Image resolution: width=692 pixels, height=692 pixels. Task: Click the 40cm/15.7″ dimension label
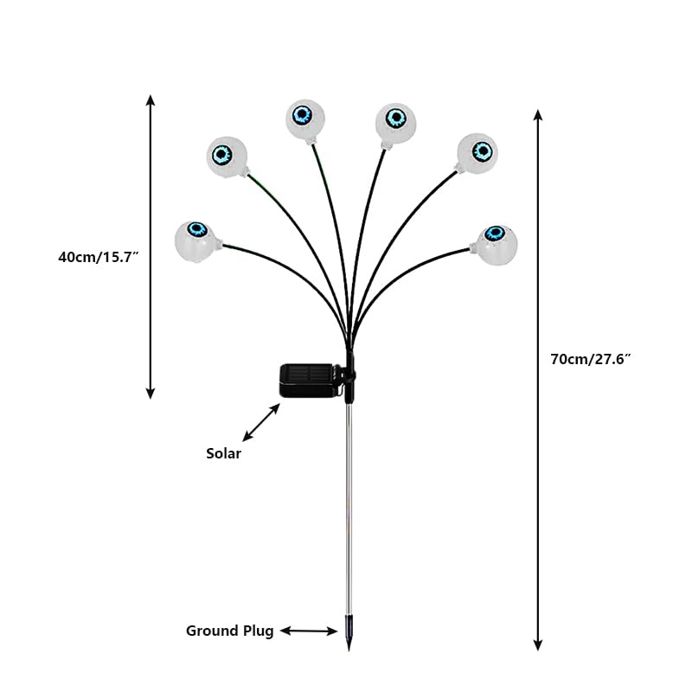(99, 257)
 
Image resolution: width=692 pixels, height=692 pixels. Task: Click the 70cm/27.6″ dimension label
(591, 359)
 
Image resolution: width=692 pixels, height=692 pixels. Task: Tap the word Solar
(224, 453)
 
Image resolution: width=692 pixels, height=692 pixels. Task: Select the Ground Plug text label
(229, 631)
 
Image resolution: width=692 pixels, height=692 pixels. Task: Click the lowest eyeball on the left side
(195, 241)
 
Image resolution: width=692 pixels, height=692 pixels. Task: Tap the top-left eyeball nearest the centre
(305, 119)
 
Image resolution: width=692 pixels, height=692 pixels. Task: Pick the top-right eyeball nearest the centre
(395, 123)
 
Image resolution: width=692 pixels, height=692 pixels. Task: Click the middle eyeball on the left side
(227, 157)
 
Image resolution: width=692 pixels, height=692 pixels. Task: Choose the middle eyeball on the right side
(477, 154)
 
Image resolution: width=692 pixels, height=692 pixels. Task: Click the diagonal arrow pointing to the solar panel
(261, 422)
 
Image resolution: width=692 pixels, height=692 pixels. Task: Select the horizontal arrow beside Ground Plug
(309, 631)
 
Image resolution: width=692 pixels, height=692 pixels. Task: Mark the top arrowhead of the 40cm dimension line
(151, 99)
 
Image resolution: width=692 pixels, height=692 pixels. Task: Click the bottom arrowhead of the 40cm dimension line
(151, 394)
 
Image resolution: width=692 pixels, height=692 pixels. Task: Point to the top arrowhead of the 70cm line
(537, 115)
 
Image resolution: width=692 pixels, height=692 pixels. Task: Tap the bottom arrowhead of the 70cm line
(537, 645)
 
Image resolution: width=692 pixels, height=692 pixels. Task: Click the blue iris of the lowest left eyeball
(197, 229)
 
